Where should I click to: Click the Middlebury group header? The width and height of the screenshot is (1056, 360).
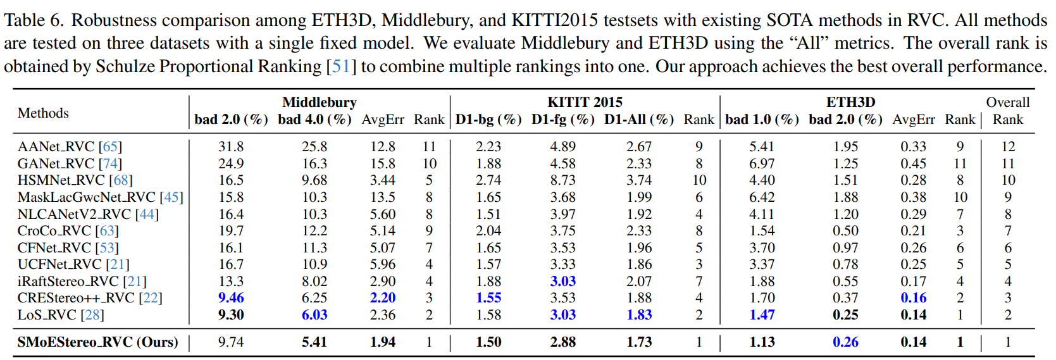tap(319, 102)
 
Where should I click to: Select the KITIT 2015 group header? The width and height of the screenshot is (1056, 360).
tap(585, 102)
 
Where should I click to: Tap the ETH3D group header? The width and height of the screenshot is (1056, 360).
tap(850, 102)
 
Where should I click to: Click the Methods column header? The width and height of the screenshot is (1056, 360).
tap(44, 113)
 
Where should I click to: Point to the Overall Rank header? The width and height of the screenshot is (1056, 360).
tap(1008, 111)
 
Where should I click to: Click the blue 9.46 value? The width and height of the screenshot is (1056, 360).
tap(231, 298)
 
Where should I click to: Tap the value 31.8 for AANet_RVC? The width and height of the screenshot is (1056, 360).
tap(231, 147)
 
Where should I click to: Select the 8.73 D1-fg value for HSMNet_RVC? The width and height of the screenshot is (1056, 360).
tap(563, 180)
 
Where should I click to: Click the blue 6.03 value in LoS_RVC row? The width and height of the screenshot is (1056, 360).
tap(314, 315)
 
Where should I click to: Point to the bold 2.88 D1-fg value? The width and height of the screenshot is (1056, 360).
tap(563, 342)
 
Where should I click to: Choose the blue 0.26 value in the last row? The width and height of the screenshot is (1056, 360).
tap(845, 342)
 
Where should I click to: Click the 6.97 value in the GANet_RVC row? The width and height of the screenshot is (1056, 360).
tap(762, 163)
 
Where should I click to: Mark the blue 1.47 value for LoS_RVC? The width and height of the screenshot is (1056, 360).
tap(762, 315)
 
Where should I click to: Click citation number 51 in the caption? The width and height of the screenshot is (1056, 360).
tap(341, 66)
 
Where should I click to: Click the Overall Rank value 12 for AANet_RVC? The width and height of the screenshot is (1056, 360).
tap(1008, 147)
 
